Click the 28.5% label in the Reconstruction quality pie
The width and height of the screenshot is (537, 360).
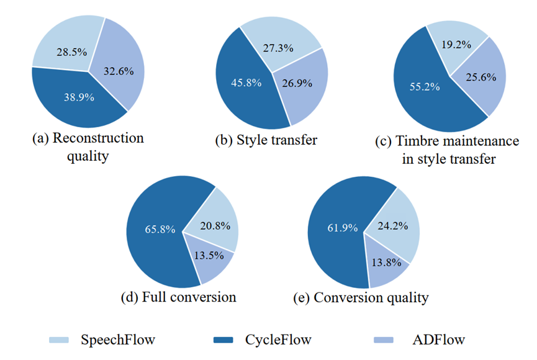(71, 52)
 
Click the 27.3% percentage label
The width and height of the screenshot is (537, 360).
(278, 48)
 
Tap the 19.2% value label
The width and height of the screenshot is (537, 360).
(456, 45)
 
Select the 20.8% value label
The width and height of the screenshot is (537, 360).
(215, 226)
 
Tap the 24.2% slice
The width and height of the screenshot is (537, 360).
(393, 226)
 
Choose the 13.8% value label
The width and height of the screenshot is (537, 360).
(386, 263)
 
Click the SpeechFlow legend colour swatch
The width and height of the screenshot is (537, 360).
(59, 340)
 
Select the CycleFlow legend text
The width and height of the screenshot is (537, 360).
(278, 340)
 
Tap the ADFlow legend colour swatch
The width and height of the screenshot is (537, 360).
(384, 340)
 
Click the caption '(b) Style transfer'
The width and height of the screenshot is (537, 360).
(266, 140)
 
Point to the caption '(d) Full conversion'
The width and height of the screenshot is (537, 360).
(178, 297)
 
